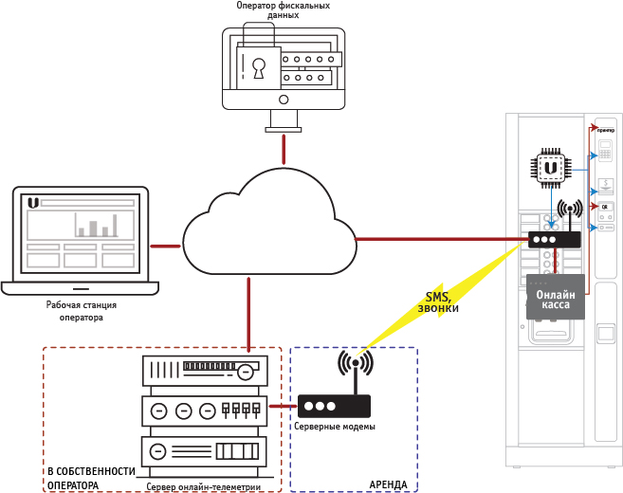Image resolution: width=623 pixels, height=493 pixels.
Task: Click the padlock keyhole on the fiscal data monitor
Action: pos(258,68)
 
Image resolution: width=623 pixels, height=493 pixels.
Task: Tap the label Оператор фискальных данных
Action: pos(283,11)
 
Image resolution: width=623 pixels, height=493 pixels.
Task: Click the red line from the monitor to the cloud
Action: pos(283,149)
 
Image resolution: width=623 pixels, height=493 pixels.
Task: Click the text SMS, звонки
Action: pos(438,302)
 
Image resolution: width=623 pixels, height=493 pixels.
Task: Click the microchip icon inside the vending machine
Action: pos(550,167)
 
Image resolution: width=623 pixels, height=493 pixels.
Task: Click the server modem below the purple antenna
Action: pos(334,407)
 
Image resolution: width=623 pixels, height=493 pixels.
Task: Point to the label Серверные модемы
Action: pos(334,427)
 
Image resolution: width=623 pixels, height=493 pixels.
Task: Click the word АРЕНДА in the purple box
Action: pos(388,484)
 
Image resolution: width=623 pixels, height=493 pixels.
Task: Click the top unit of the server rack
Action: pos(204,370)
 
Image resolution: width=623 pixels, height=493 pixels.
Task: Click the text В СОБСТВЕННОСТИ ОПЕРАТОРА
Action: pos(92,478)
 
